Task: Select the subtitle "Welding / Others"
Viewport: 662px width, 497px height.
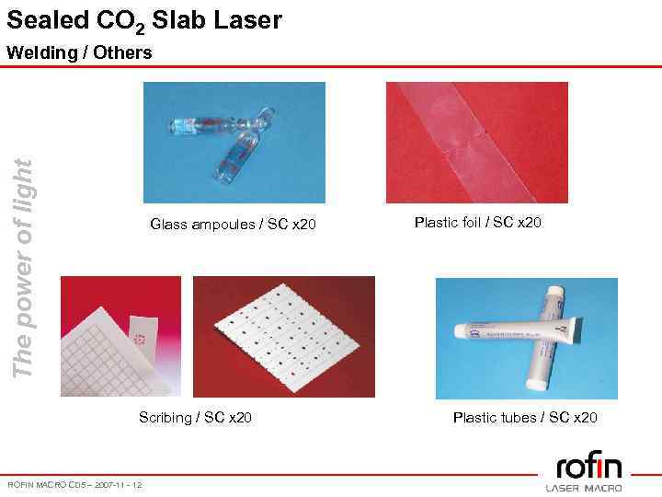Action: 79,52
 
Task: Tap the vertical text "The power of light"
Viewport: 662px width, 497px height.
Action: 26,267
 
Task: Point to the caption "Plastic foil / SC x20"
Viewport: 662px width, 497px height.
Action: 478,222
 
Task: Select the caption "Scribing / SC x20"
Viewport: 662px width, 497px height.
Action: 195,418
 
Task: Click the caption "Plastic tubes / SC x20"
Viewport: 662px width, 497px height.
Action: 525,418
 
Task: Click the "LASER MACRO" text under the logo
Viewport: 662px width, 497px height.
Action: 584,487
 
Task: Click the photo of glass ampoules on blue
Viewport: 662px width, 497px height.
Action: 234,143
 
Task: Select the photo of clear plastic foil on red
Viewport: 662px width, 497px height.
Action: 476,143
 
